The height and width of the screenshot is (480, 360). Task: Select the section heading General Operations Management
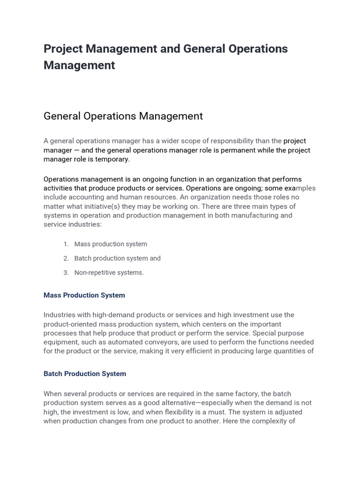[123, 116]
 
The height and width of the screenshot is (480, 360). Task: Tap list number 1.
[66, 244]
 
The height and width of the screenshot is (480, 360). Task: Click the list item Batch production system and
[117, 258]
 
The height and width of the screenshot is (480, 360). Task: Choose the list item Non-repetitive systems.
[109, 273]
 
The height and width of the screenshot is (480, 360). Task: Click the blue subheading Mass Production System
[84, 295]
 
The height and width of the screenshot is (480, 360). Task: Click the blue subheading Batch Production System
[85, 374]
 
